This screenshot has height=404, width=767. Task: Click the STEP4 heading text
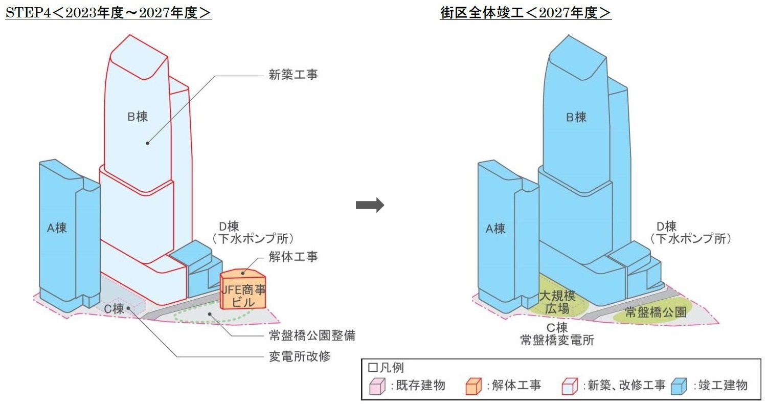(x=108, y=13)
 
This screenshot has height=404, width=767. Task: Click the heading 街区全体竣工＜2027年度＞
(x=526, y=13)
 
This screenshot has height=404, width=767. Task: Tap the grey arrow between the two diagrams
(x=369, y=205)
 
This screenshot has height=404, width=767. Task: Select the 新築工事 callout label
(x=293, y=75)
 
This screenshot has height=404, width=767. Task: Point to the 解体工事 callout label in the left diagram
(x=293, y=257)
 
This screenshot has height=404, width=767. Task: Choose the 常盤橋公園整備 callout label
(x=312, y=336)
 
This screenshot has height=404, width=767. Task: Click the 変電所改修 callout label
(x=300, y=356)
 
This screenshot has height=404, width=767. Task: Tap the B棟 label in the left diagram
(x=138, y=117)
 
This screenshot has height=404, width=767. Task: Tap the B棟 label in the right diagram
(x=576, y=118)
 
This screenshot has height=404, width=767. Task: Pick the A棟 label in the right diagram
(x=495, y=229)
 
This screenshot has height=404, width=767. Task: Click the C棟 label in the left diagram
(x=114, y=308)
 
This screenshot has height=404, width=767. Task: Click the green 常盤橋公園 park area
(x=655, y=312)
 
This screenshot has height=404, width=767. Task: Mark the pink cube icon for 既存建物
(x=377, y=386)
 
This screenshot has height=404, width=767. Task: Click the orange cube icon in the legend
(x=475, y=386)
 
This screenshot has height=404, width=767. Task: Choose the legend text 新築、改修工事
(x=624, y=386)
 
